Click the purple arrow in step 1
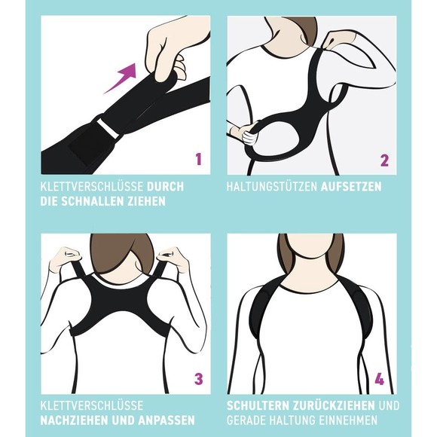click(121, 78)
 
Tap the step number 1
click(198, 159)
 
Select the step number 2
click(384, 159)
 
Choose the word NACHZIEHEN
click(75, 420)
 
